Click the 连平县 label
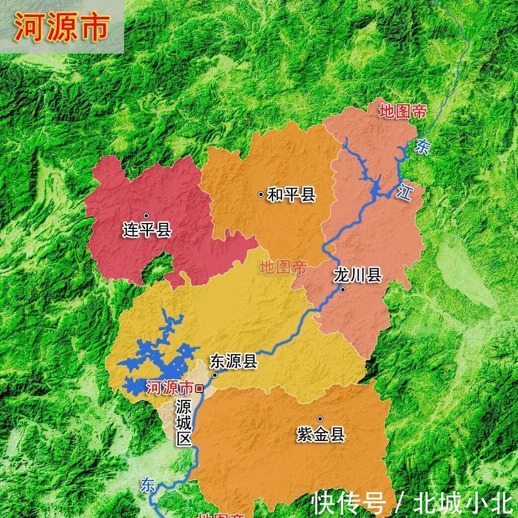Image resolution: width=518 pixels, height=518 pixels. click(x=147, y=230)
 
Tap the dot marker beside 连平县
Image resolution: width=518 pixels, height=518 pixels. click(x=146, y=216)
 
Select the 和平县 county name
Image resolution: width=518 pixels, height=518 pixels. click(x=292, y=194)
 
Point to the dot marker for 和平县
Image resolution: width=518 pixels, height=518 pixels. click(x=261, y=194)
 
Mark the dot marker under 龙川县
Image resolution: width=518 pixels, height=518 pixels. click(x=343, y=290)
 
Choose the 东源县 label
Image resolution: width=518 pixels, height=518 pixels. click(x=233, y=361)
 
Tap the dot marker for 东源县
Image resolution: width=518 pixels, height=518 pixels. click(x=215, y=375)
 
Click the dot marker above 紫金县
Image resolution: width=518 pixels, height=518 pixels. click(x=320, y=419)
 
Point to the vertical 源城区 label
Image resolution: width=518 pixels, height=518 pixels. click(x=183, y=423)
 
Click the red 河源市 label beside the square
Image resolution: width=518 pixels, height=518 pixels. click(x=170, y=387)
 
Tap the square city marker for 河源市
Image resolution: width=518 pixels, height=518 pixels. click(x=199, y=388)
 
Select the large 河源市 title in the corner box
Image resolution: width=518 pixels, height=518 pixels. click(x=61, y=27)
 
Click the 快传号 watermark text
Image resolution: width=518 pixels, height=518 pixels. click(x=349, y=504)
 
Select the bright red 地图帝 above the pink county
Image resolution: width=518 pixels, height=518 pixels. click(x=402, y=111)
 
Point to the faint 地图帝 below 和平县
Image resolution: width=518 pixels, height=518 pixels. click(x=283, y=267)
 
